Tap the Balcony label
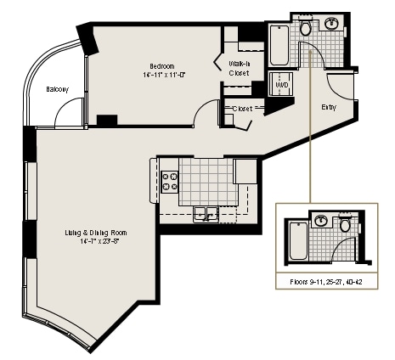[58, 90]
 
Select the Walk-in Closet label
[239, 69]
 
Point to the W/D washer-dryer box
[280, 85]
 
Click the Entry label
[329, 107]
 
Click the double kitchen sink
[204, 213]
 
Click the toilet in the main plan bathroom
[305, 28]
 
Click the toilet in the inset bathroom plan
[345, 225]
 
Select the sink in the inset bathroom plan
[322, 222]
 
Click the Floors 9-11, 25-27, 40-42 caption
[325, 280]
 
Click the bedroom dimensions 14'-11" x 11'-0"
[164, 76]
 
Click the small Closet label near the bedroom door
[243, 108]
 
